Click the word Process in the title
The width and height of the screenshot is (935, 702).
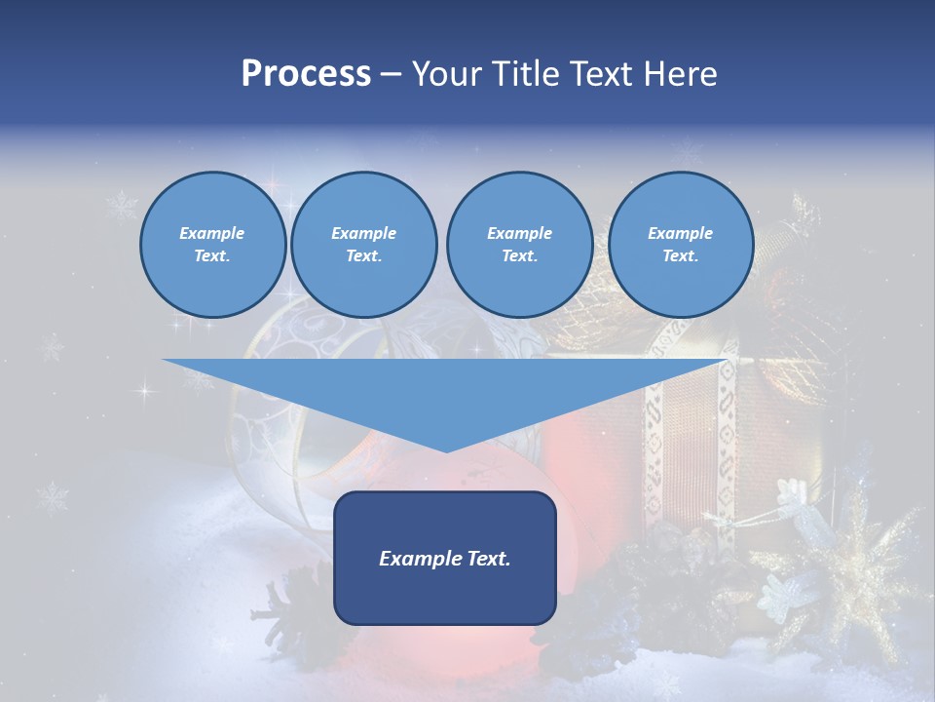[306, 74]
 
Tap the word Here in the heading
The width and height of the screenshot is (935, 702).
[681, 74]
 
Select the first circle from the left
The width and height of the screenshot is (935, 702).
[212, 245]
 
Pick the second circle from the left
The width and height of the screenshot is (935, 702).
[363, 245]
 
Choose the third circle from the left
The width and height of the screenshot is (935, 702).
[519, 245]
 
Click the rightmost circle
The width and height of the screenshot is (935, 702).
[680, 245]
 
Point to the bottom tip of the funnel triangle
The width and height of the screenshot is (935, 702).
[446, 450]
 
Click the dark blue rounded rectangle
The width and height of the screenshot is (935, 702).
[445, 595]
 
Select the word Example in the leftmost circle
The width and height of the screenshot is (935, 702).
[212, 233]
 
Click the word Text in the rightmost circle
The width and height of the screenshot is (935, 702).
[680, 256]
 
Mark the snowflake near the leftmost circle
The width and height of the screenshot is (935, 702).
[123, 206]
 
